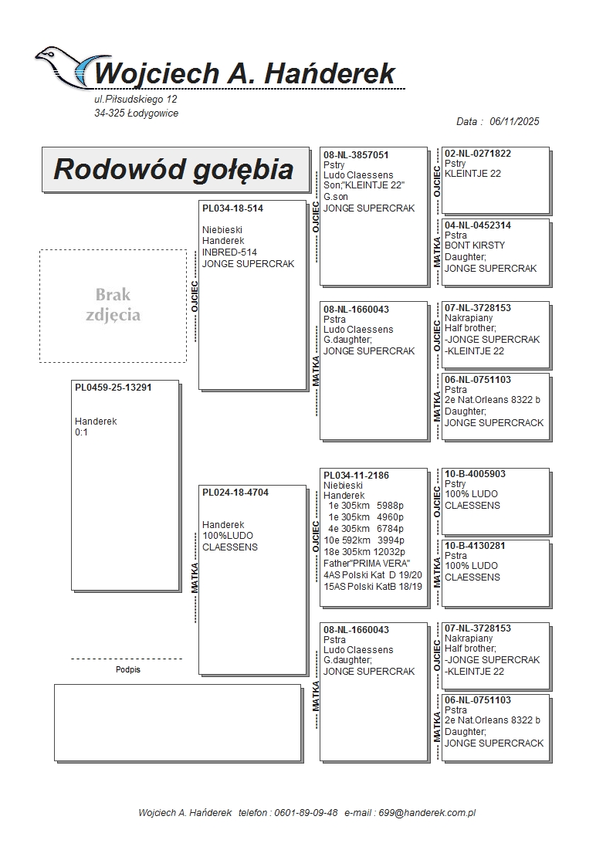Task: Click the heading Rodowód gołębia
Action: pos(174,169)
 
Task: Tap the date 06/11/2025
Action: pos(514,121)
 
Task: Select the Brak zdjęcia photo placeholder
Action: pos(113,306)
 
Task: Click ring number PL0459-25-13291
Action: pos(113,388)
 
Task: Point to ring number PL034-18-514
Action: pos(232,208)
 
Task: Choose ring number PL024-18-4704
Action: pos(235,493)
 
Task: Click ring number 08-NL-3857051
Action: pos(356,155)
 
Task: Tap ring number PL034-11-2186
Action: pos(356,475)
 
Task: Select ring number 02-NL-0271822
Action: pos(478,154)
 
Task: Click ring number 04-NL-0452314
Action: pos(478,225)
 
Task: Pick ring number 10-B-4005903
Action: pos(475,474)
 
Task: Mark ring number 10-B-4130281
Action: pos(475,546)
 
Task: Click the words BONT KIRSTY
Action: pos(475,246)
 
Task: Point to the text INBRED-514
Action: pos(229,252)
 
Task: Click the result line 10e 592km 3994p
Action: pos(364,540)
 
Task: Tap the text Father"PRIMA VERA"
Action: pos(367,564)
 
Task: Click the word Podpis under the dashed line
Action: pos(128,670)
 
